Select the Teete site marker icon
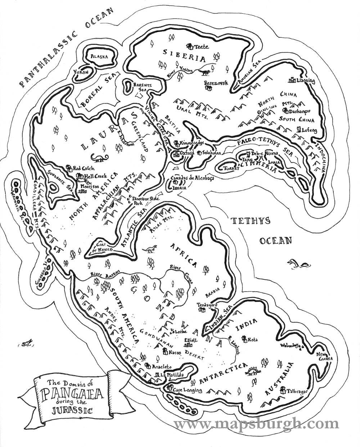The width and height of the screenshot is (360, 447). [190, 46]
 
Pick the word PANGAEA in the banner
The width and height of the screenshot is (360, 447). [72, 393]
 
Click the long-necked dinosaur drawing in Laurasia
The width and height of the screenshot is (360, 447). [99, 157]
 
